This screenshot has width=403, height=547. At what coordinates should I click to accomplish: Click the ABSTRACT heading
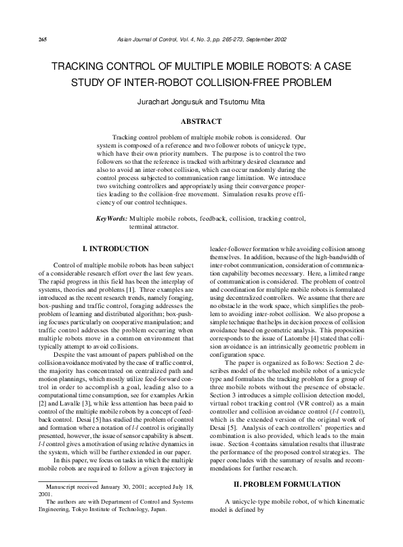(200, 121)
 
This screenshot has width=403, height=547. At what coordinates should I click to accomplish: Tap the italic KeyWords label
(111, 220)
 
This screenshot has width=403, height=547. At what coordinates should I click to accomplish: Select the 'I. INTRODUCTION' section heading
(115, 250)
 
